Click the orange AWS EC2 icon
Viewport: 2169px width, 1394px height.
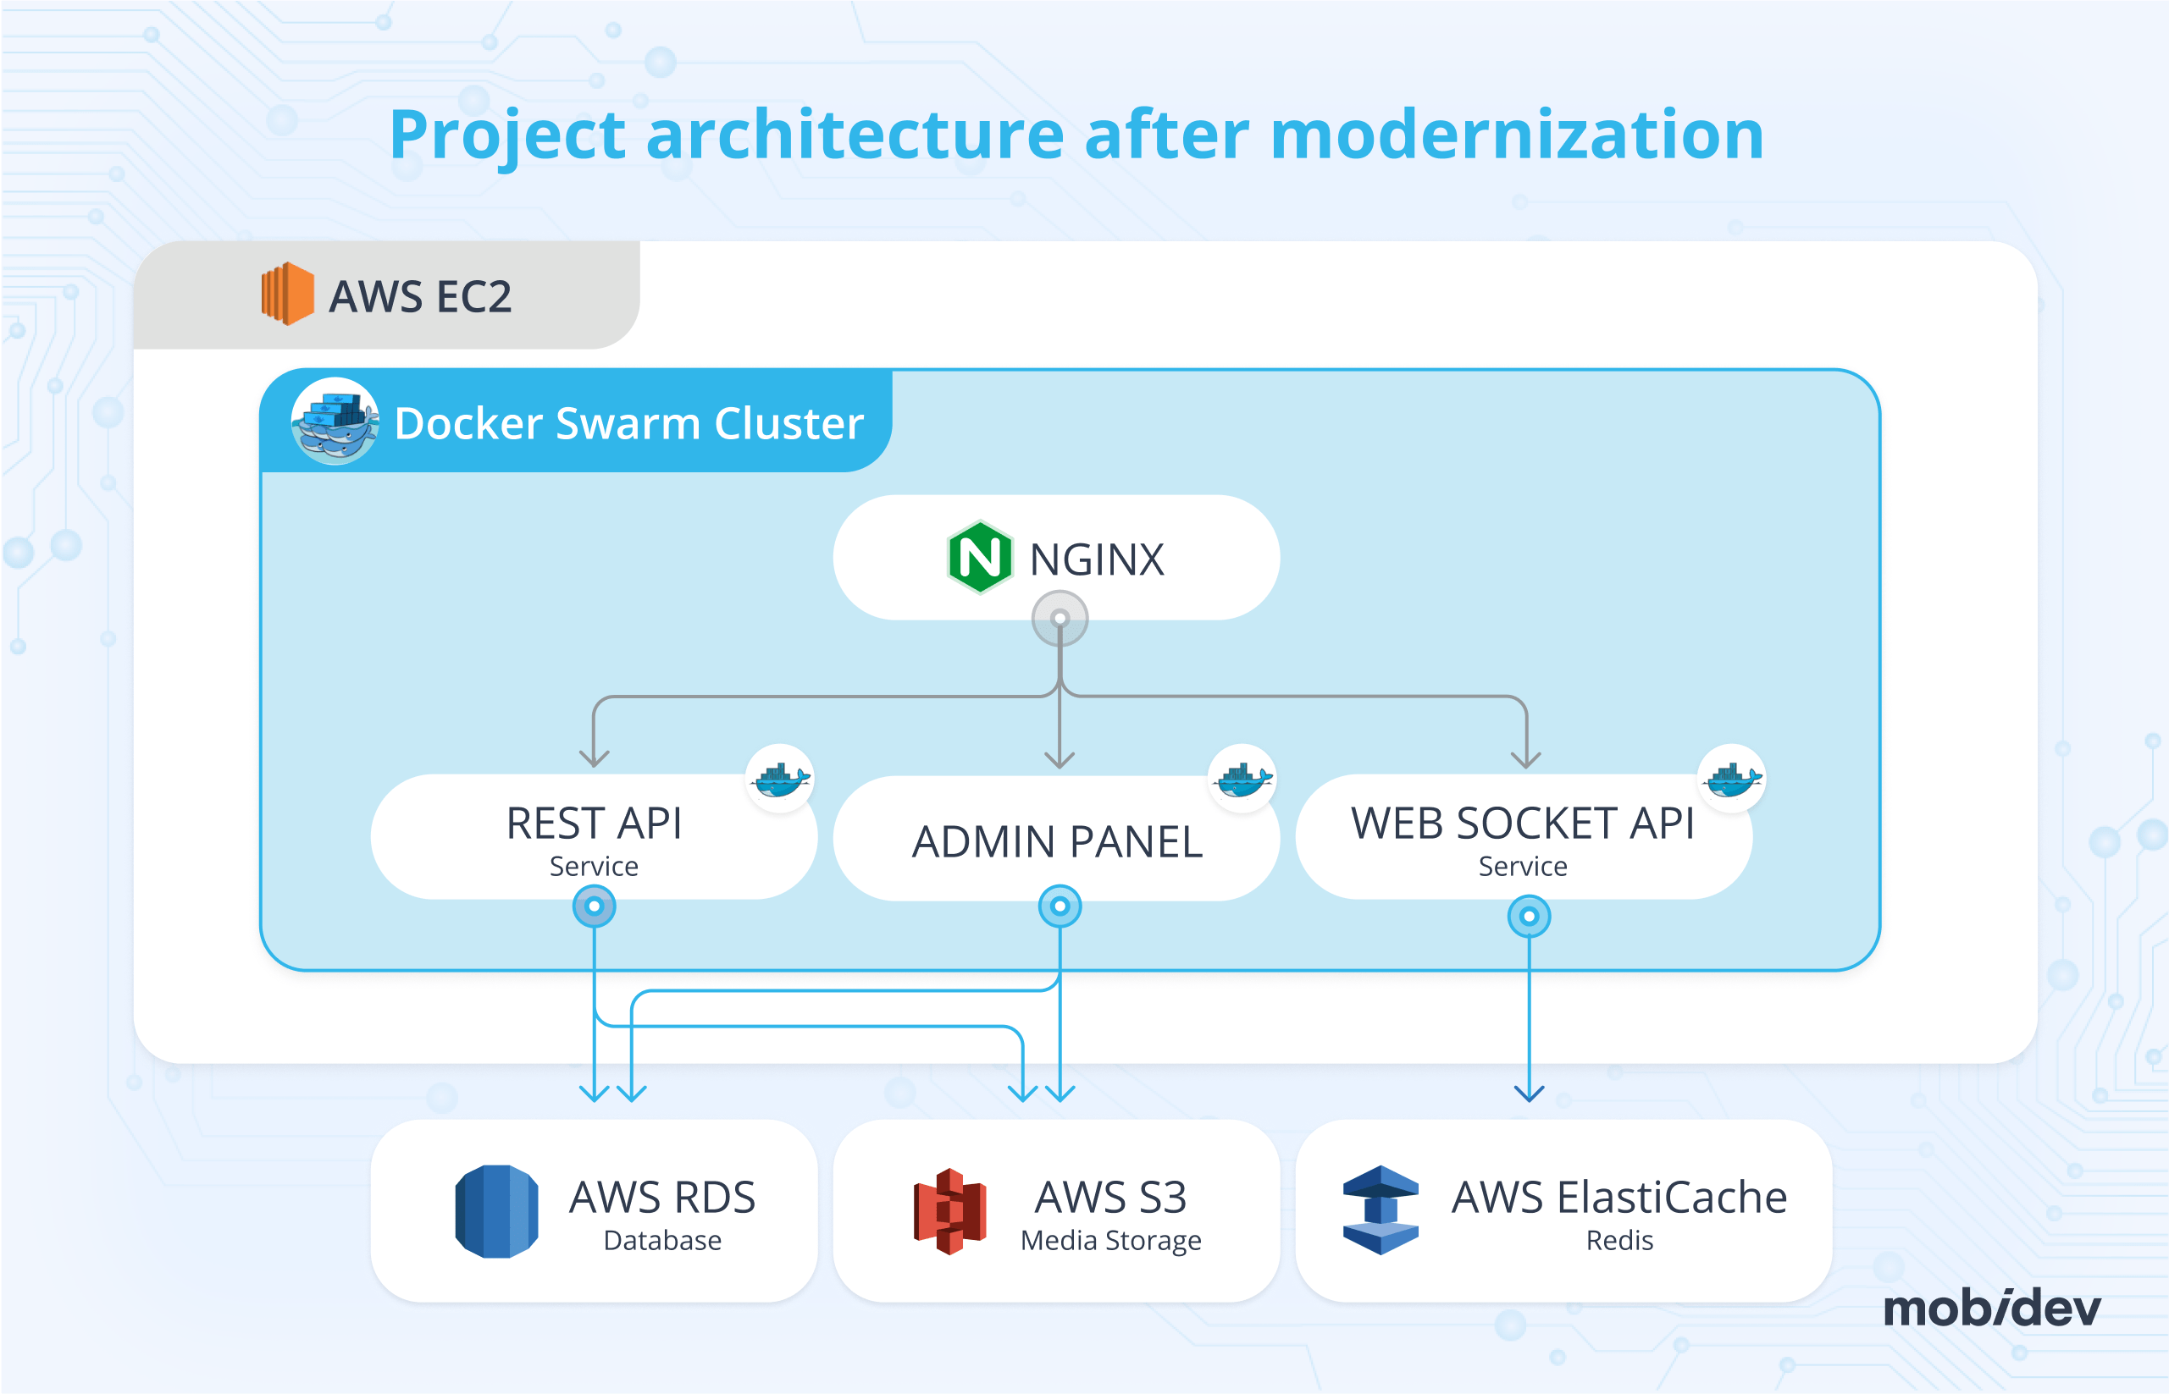coord(287,294)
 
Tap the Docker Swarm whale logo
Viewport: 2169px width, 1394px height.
coord(335,422)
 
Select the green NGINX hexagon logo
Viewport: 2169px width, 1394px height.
coord(979,558)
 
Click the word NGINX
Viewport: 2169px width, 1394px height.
coord(1097,559)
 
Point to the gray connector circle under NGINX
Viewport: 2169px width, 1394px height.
coord(1060,618)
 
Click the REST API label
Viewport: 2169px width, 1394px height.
coord(594,824)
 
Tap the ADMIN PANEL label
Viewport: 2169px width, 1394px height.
coord(1057,842)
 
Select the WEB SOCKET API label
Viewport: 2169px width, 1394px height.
coord(1523,824)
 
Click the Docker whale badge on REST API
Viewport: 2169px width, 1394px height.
coord(780,779)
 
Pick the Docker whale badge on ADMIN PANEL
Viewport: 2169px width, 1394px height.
coord(1242,779)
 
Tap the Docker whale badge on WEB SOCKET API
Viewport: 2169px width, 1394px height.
coord(1732,779)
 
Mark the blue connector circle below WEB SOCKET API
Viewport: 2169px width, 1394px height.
coord(1529,916)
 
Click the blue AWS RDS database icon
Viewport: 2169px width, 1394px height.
coord(496,1211)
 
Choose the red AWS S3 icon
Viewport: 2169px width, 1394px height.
coord(949,1211)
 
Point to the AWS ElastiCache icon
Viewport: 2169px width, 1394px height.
coord(1381,1210)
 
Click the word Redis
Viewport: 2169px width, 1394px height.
coord(1619,1240)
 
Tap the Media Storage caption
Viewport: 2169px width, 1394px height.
coord(1110,1240)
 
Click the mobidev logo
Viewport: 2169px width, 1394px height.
coord(1991,1309)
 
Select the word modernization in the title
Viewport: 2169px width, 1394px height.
coord(1517,134)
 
